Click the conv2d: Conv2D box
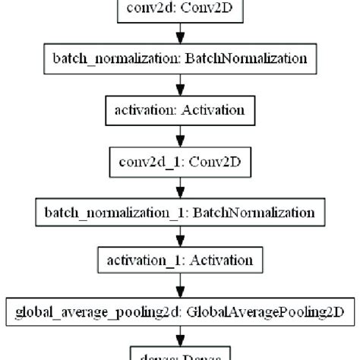(x=180, y=9)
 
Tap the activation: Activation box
(x=180, y=109)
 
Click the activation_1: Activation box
(x=180, y=261)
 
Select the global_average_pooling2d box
(x=180, y=311)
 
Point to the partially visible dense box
(x=180, y=354)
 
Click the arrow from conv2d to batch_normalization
(x=180, y=34)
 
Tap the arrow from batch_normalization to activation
(x=180, y=84)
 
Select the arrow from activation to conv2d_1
(x=180, y=134)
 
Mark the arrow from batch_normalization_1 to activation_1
(x=180, y=235)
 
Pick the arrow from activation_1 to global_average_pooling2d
(x=180, y=286)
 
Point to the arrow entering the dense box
(x=180, y=335)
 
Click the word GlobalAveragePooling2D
(x=260, y=311)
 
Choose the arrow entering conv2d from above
(x=180, y=1)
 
